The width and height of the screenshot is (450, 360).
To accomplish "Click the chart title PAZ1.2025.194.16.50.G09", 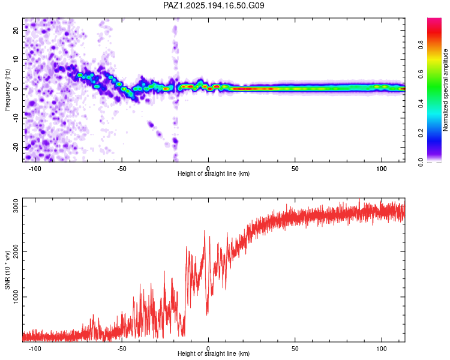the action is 214,5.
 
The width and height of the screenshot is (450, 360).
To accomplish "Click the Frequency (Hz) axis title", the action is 7,90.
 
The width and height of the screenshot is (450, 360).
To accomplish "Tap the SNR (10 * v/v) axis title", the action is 7,270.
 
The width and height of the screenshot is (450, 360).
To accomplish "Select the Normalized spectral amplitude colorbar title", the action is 445,90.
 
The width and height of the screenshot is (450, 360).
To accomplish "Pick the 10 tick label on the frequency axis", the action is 16,59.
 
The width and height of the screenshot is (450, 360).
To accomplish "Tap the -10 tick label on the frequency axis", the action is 16,118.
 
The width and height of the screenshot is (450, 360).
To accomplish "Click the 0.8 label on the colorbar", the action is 421,45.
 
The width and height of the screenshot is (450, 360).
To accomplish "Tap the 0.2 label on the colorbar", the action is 421,133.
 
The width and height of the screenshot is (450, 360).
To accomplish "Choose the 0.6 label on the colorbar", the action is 421,74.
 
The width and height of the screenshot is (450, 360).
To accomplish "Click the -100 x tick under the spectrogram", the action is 35,169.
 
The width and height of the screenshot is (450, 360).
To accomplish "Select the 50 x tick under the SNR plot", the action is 295,349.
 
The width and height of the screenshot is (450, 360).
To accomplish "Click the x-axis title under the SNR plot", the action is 214,353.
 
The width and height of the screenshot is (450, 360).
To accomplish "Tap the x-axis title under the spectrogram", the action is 214,173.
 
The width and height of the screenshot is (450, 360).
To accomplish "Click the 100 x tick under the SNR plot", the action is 382,349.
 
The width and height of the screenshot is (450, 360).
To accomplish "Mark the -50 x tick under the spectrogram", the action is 122,169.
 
